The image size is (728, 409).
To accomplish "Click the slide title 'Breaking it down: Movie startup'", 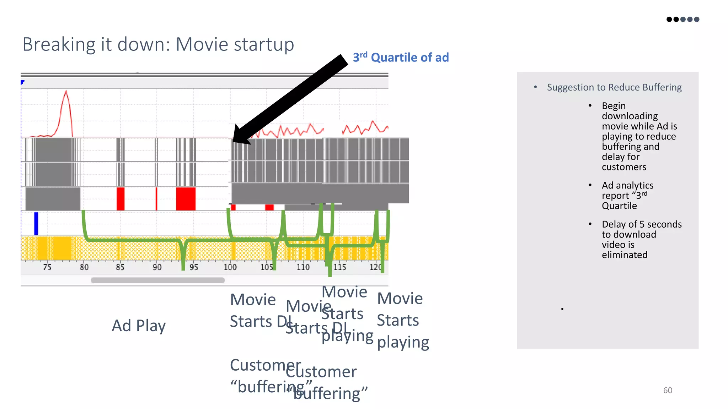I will click(x=158, y=45).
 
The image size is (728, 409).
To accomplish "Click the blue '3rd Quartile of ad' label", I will click(x=401, y=58).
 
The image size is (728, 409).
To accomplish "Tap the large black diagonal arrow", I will click(x=290, y=99).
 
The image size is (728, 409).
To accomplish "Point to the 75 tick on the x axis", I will click(x=47, y=267).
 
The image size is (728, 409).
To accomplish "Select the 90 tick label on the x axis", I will click(x=157, y=267).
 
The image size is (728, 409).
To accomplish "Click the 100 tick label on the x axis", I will click(x=230, y=267).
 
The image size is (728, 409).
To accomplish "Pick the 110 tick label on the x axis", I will click(x=303, y=267).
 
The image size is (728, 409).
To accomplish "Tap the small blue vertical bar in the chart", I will click(x=36, y=223).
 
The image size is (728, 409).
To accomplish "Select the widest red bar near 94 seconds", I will click(x=186, y=199).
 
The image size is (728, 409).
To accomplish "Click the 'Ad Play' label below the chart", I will click(x=139, y=326).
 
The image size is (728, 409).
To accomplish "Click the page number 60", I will click(x=668, y=390).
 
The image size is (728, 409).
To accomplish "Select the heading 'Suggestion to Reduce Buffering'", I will click(x=614, y=87).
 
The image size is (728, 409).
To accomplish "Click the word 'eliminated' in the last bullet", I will click(x=624, y=255).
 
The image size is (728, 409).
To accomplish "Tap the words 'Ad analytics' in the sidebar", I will click(x=627, y=185).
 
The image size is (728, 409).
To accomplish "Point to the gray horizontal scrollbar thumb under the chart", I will click(x=157, y=280).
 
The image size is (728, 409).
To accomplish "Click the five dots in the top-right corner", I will click(x=682, y=19).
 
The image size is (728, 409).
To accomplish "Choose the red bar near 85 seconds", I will click(x=121, y=199).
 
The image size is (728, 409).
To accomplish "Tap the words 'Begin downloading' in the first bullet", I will click(x=629, y=111).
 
